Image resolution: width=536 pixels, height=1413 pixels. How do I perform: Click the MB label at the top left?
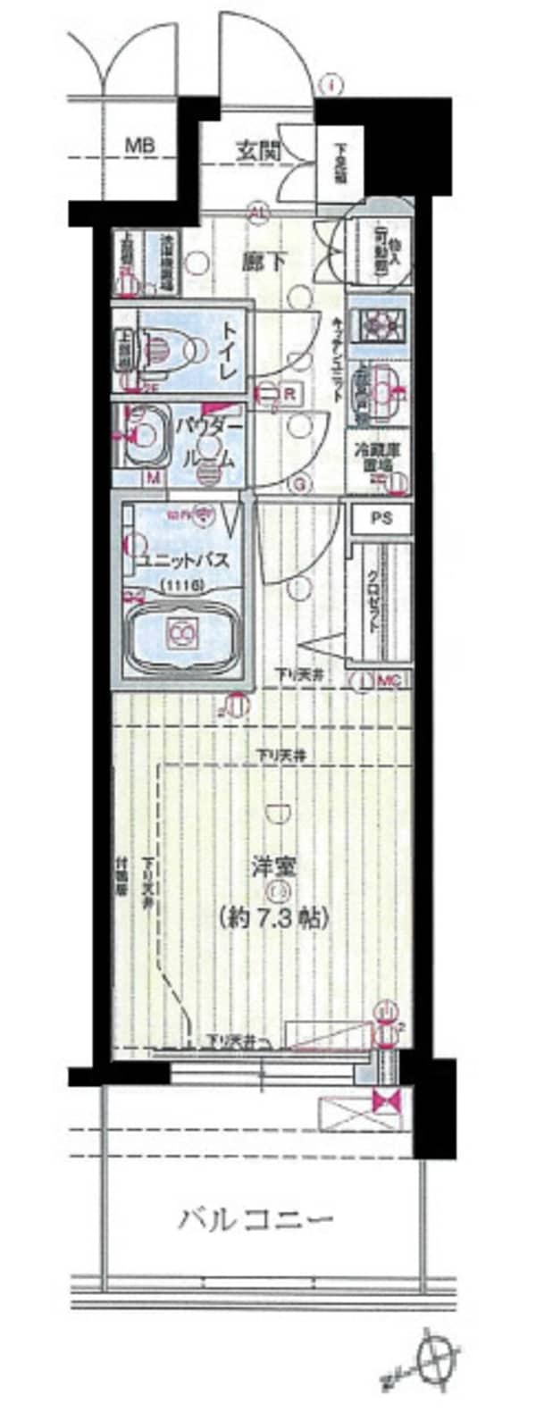pos(138,145)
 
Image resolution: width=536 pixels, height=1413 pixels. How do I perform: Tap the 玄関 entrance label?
pos(258,151)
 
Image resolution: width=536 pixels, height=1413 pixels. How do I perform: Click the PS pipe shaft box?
pos(379,518)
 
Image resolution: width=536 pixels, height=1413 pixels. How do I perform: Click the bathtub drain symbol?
pos(182,632)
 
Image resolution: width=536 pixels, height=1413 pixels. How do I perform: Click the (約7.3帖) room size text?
pos(272,916)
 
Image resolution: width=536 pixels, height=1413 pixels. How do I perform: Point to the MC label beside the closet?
pos(390,681)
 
